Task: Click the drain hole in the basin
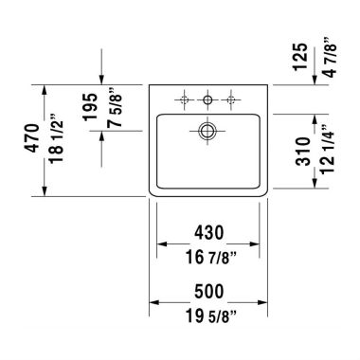point(207,132)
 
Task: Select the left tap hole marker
point(183,99)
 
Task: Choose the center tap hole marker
point(207,99)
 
